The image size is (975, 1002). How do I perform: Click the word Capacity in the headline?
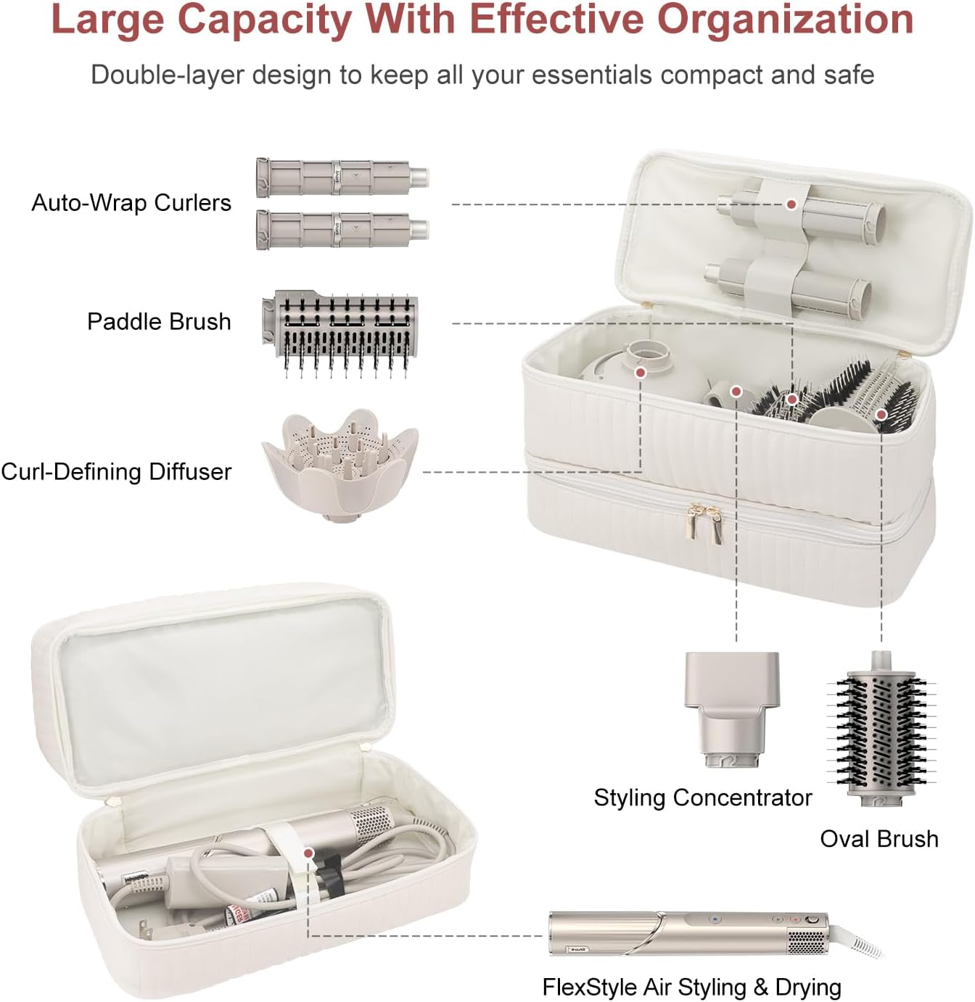point(264,20)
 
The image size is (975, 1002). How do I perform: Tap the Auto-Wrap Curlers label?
point(131,203)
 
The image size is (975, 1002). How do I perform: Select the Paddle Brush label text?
point(159,322)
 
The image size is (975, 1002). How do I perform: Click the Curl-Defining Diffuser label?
point(116,472)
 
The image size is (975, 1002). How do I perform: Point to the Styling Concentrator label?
point(702,798)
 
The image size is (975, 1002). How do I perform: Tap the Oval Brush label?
point(879,839)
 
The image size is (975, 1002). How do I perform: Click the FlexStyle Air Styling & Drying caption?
point(691,987)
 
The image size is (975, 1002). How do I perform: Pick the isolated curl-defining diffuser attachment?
point(340,464)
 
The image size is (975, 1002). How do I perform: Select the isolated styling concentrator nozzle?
point(732,707)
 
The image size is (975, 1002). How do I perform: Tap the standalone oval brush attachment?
point(881,731)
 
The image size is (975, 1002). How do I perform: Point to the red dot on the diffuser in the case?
point(640,373)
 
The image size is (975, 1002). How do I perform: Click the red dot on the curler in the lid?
point(791,204)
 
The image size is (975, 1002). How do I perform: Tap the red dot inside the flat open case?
point(308,854)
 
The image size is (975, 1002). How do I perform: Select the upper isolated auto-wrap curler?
point(342,178)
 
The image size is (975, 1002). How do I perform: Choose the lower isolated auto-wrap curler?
point(342,230)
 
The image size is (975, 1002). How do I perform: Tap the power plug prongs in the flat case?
point(145,928)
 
